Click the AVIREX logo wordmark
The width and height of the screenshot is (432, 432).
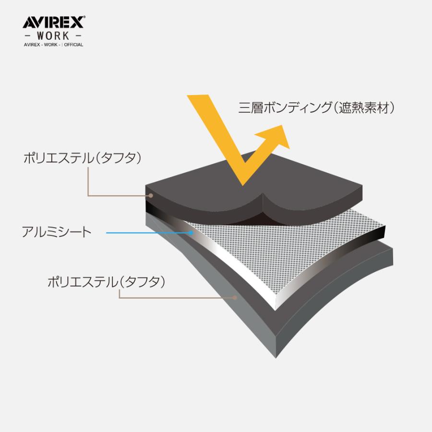point(53,22)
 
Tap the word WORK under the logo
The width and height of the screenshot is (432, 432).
point(53,36)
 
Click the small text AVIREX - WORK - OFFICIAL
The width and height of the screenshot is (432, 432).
point(53,45)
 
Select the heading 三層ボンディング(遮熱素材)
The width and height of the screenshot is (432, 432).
point(316,108)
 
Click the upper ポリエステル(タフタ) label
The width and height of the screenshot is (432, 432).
point(83,158)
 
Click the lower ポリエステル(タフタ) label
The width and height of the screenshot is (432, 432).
point(107,282)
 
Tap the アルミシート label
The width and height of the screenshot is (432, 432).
point(57,232)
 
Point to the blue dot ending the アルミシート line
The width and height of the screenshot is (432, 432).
point(191,233)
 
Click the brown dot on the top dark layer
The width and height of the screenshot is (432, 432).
point(151,196)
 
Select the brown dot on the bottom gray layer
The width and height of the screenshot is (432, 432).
point(235,298)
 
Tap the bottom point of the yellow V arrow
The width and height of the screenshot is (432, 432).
point(243,185)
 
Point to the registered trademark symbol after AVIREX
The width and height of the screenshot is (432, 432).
point(84,17)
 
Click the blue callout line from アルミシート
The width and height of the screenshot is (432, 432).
point(148,233)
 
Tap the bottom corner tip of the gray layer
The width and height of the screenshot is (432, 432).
point(276,358)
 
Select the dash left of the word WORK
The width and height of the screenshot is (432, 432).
point(28,36)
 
